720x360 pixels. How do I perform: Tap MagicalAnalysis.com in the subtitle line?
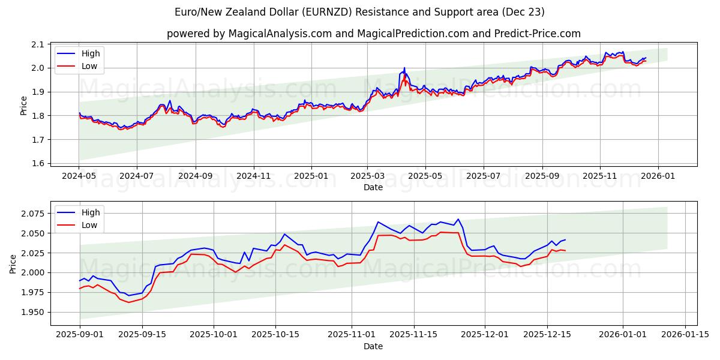(x=280, y=34)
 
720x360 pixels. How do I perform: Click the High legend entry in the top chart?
(x=91, y=53)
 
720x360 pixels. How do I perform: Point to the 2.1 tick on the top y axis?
(x=38, y=44)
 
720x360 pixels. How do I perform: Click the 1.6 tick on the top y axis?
(x=38, y=163)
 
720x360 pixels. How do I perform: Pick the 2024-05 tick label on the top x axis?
(x=79, y=176)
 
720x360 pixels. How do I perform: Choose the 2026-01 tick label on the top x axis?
(x=658, y=176)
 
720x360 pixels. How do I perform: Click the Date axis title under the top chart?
(x=373, y=187)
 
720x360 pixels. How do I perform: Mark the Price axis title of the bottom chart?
(x=13, y=263)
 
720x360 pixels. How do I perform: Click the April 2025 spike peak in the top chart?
(x=404, y=68)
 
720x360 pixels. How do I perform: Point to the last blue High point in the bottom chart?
(x=565, y=240)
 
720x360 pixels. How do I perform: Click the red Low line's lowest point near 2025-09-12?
(x=128, y=302)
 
